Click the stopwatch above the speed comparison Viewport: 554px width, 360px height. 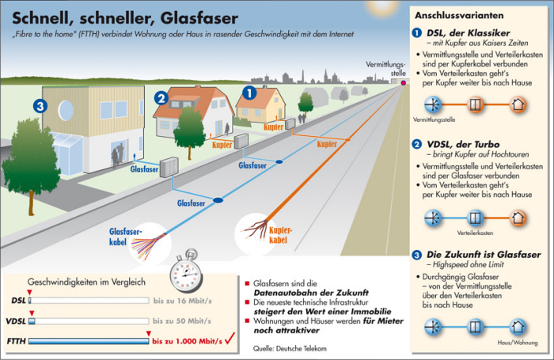point(186,271)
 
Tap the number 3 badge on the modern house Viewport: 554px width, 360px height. point(40,106)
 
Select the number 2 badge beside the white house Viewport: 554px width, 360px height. point(161,98)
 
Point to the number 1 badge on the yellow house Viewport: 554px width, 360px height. point(249,93)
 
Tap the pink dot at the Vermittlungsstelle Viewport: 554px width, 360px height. point(403,83)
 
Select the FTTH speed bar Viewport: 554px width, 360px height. point(89,341)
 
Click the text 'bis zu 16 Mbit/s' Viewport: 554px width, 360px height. point(182,301)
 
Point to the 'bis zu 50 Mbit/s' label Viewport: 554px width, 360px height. point(182,321)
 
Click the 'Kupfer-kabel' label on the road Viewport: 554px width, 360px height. point(280,235)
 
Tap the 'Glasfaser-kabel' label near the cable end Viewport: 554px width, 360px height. point(125,237)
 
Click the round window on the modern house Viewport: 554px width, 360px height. point(66,110)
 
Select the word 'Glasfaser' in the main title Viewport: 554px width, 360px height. point(199,18)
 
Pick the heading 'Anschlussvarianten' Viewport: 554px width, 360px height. point(459,16)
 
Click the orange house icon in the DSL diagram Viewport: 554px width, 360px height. point(518,104)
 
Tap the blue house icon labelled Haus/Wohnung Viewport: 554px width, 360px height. point(518,327)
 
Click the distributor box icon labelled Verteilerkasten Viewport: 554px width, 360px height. point(475,218)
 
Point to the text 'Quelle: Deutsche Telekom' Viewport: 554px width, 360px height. point(290,349)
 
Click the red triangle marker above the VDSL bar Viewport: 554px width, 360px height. point(32,313)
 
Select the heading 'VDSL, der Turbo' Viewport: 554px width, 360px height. point(463,144)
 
